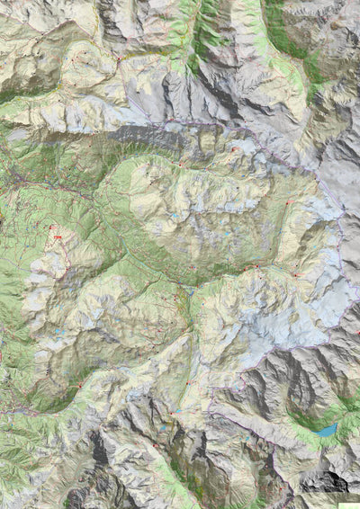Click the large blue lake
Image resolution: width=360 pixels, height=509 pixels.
326,430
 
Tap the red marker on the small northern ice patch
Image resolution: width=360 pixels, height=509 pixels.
233,149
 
